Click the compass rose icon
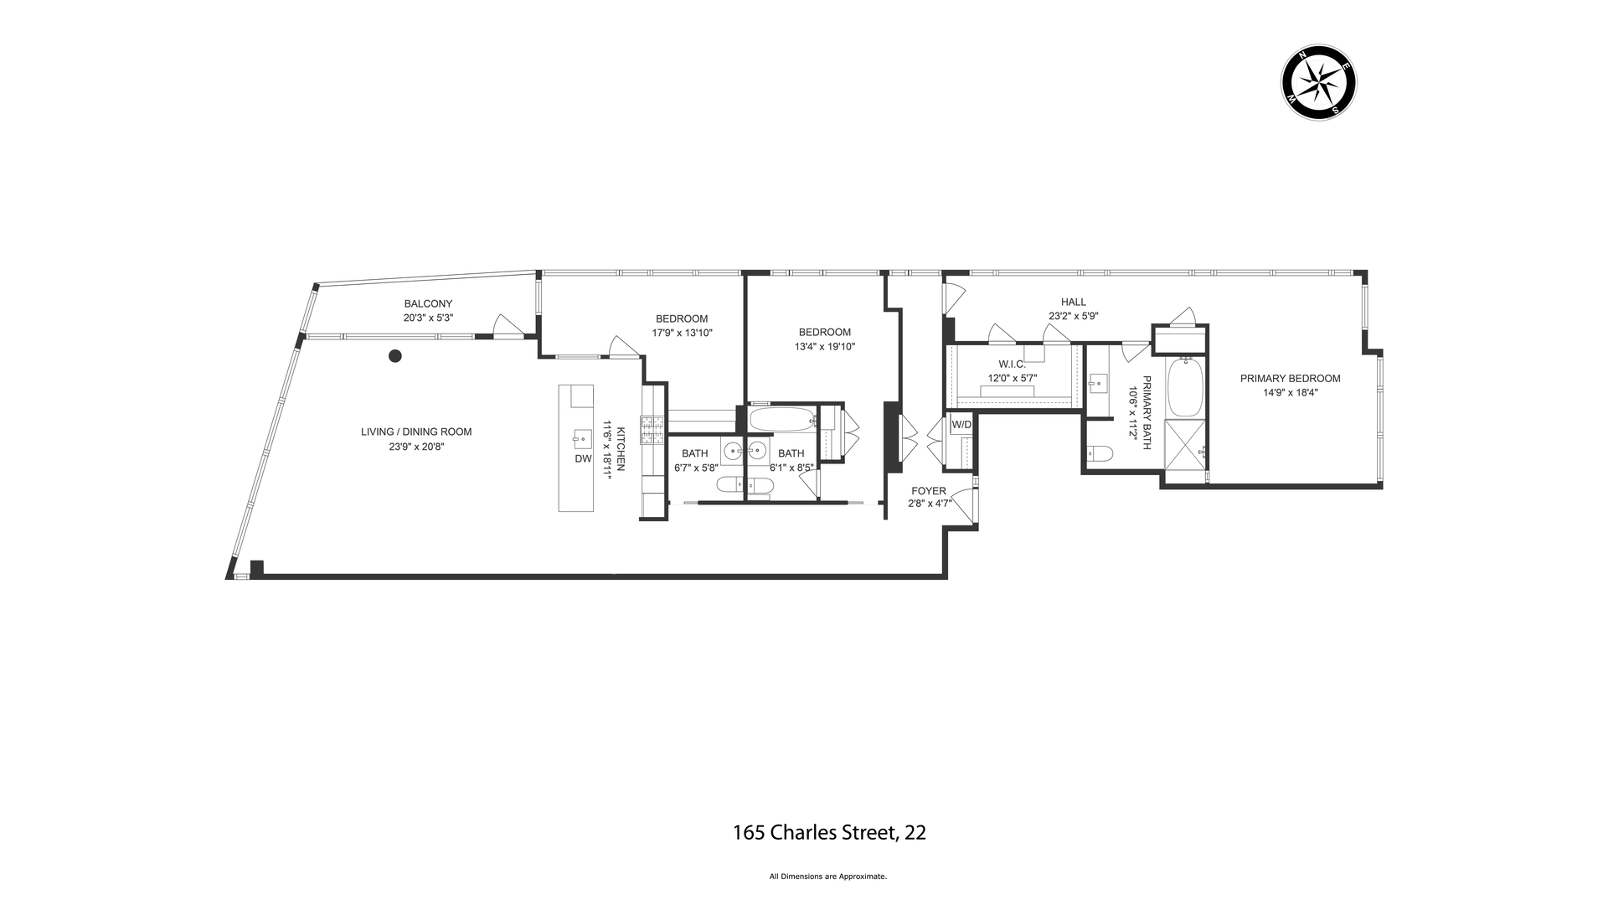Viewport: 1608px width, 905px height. click(1318, 82)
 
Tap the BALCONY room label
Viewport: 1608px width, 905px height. click(428, 303)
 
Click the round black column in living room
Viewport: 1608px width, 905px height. click(395, 356)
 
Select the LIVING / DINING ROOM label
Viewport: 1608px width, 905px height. click(416, 432)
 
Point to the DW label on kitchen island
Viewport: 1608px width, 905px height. click(583, 458)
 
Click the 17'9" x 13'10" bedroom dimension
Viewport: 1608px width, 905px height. click(682, 333)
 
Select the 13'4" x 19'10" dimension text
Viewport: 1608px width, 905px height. click(824, 346)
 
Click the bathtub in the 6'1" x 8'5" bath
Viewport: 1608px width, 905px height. click(781, 418)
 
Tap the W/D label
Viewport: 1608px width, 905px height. click(961, 424)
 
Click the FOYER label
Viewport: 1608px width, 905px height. click(929, 490)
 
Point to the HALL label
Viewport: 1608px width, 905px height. click(1073, 302)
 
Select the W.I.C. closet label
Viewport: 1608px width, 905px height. click(1012, 364)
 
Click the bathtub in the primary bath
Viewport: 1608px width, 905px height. click(1184, 387)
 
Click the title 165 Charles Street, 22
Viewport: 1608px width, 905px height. click(829, 832)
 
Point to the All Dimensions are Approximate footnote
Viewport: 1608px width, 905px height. click(827, 877)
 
